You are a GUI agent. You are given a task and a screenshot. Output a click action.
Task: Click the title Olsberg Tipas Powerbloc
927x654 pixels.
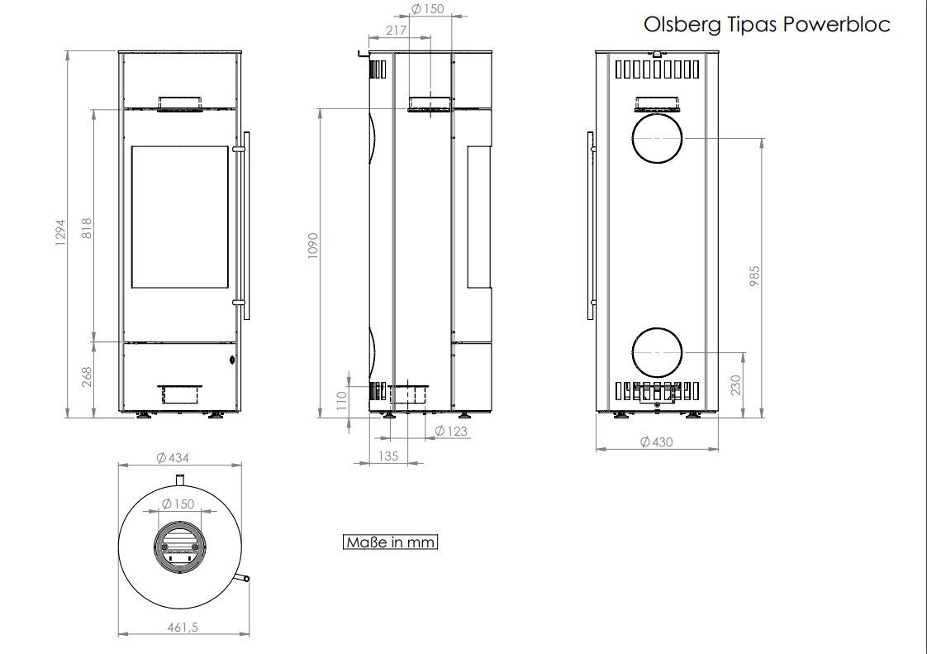click(x=767, y=25)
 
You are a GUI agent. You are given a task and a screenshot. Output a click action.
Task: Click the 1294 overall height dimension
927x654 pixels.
click(x=60, y=232)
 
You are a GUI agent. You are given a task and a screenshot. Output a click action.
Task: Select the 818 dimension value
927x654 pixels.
click(x=86, y=228)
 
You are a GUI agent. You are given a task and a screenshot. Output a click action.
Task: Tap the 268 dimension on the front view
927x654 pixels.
click(x=86, y=377)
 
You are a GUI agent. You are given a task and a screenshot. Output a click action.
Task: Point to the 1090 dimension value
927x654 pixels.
click(x=313, y=245)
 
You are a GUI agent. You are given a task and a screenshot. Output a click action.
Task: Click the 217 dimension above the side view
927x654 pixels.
click(x=396, y=31)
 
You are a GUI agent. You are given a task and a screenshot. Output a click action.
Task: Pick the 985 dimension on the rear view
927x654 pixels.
click(x=754, y=276)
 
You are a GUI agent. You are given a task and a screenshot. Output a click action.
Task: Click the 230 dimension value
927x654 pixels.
click(x=735, y=385)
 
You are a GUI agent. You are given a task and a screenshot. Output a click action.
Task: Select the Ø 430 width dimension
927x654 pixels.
click(x=656, y=442)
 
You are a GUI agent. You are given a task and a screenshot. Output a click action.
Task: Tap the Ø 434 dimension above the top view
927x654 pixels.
click(x=173, y=457)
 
